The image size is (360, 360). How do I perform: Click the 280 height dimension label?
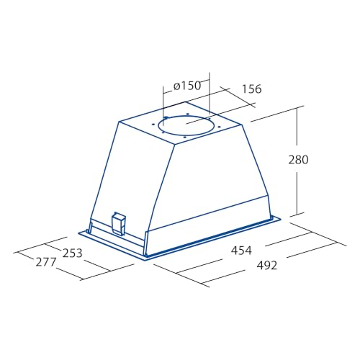(x=298, y=160)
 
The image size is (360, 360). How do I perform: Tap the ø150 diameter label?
(x=187, y=86)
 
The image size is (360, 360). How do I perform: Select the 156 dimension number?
(x=251, y=89)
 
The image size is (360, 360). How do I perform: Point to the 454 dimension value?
(x=241, y=251)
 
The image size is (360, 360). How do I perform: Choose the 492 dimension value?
(x=267, y=266)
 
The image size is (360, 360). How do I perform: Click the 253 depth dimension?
(x=72, y=253)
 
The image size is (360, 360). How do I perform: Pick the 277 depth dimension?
(x=46, y=262)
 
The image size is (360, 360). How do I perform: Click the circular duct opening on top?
(x=184, y=125)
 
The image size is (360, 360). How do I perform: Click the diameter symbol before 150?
(x=176, y=86)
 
